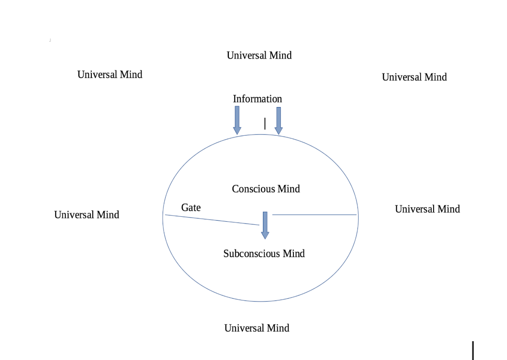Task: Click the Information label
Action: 258,99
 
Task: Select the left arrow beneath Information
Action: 237,120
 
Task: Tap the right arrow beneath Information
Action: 279,120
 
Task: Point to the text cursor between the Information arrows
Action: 265,124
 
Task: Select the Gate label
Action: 191,207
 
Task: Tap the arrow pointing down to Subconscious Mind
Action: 265,225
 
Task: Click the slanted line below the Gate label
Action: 211,220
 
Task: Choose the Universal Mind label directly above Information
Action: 259,56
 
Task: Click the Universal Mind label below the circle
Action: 257,328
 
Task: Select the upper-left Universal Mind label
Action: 110,75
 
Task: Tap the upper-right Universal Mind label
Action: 414,77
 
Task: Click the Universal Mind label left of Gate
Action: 86,215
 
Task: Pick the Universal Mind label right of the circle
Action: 427,209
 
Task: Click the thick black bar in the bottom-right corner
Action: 473,350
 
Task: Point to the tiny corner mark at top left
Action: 50,40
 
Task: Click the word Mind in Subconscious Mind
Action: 294,254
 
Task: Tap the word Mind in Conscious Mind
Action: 289,189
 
